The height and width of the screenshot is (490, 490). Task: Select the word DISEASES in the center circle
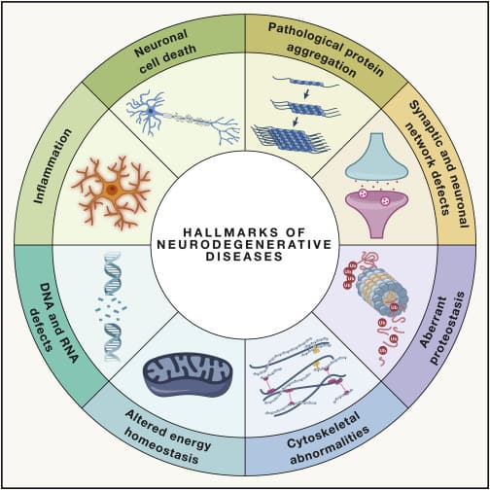[x=245, y=260]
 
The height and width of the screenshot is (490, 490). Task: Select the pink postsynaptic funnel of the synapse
[x=375, y=206]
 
